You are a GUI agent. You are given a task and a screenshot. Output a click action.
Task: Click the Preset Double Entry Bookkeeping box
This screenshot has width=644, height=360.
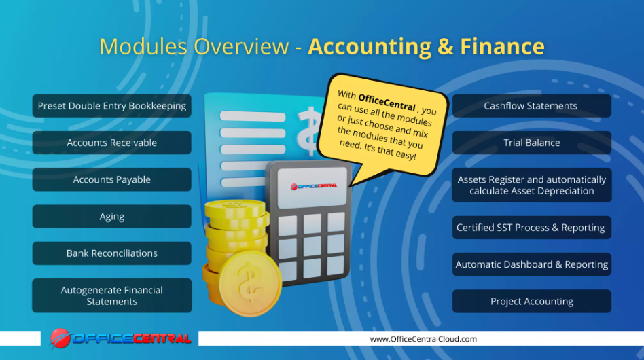click(112, 106)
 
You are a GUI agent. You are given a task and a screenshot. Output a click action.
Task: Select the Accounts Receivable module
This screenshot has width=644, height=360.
click(112, 143)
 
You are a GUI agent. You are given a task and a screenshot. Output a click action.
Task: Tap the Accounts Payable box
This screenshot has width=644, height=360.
click(112, 179)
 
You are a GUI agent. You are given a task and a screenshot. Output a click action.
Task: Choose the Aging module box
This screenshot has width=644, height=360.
click(112, 217)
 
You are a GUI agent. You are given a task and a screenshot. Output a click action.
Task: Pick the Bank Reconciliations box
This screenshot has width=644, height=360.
click(112, 253)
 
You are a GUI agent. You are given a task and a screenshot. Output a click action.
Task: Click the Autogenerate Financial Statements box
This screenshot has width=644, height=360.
click(112, 295)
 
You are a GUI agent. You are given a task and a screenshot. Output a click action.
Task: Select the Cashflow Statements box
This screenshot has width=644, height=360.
click(531, 106)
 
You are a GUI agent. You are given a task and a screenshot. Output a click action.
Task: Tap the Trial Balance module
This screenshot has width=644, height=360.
click(531, 143)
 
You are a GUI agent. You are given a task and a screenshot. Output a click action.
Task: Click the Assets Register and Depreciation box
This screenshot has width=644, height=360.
click(531, 185)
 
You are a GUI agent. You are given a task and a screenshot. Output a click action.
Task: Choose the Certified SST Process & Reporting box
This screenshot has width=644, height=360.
click(531, 228)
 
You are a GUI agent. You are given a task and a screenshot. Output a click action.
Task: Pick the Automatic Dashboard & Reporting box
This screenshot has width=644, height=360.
click(531, 264)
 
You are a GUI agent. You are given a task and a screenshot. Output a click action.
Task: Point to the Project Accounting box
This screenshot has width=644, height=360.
click(531, 301)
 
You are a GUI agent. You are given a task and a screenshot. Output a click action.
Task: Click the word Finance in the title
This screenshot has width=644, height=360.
click(502, 46)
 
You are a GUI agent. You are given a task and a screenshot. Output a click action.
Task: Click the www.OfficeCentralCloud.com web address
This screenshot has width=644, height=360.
click(423, 339)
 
